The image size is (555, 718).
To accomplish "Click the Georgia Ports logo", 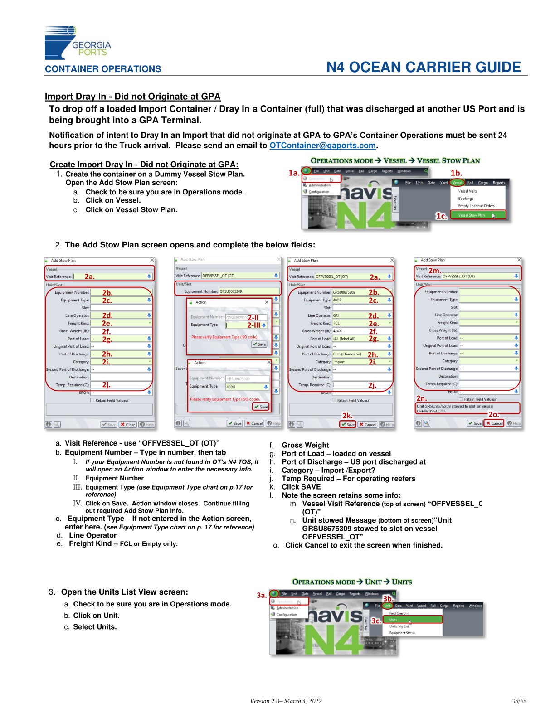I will click(77, 43).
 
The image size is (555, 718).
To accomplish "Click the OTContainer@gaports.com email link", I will click(322, 146).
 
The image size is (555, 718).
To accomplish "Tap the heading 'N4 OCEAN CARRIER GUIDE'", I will click(424, 67).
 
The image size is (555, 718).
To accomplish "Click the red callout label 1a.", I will click(294, 173).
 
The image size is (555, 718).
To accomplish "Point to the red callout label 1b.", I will click(456, 173).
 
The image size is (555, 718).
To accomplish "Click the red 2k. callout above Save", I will click(347, 416).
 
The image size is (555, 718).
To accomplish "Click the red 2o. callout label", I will click(493, 414).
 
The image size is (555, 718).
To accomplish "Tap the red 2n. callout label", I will click(421, 398).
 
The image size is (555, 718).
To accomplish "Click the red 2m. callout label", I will click(434, 271).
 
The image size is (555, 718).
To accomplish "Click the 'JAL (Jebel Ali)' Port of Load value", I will click(345, 339).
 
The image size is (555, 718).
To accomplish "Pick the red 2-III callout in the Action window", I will click(253, 325).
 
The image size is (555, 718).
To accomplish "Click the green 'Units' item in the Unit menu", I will click(412, 620).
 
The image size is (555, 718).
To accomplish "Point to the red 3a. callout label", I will click(262, 595).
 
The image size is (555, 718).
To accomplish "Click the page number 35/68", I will click(519, 701).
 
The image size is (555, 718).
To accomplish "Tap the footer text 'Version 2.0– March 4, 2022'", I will click(286, 701).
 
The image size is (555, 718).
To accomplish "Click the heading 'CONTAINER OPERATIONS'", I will click(103, 69).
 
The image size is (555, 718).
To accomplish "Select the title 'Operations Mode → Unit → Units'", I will click(352, 582).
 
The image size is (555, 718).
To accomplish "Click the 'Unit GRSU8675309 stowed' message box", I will click(467, 408).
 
